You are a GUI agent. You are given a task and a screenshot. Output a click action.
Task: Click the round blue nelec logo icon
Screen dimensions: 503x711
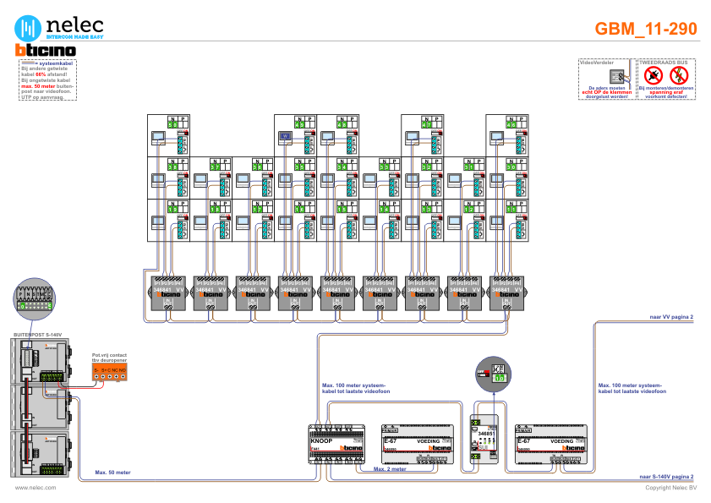tap(30, 28)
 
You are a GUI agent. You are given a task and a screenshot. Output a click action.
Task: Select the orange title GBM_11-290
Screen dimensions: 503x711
tap(646, 29)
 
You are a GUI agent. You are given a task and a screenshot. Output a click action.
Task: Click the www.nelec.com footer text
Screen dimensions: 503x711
tap(36, 488)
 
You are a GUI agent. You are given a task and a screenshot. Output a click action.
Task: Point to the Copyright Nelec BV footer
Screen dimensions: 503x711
tap(670, 488)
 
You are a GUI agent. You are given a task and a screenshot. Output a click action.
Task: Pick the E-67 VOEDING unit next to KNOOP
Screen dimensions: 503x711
tap(418, 443)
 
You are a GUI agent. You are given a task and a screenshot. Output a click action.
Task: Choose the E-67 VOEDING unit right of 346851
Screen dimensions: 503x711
tap(550, 443)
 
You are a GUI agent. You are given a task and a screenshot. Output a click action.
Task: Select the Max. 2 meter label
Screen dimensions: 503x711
tap(391, 467)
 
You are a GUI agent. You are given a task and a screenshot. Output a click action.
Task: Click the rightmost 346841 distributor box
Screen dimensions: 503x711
tap(507, 292)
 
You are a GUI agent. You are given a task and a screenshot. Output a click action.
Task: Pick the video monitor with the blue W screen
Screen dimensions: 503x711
tap(286, 136)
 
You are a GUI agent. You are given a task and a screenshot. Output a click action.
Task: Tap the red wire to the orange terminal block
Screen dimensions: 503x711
tap(85, 386)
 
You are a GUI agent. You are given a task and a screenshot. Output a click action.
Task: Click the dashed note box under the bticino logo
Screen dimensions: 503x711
tap(47, 80)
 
